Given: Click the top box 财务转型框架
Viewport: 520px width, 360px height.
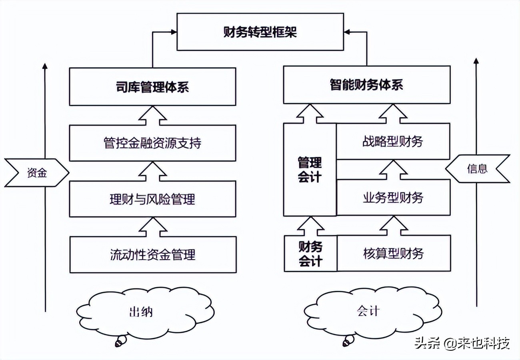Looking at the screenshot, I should coord(260,32).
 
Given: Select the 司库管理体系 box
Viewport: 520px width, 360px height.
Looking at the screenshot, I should coord(152,87).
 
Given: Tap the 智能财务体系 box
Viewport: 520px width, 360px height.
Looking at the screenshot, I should coord(366,85).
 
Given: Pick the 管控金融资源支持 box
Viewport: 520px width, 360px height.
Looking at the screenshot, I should coord(152,143).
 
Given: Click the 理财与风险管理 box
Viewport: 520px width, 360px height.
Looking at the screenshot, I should coord(152,199).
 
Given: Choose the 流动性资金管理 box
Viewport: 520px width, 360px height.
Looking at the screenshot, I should coord(152,254).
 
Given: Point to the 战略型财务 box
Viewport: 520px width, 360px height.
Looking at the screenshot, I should coord(393,142).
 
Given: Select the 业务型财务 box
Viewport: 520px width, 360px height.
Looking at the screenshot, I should coord(393,197).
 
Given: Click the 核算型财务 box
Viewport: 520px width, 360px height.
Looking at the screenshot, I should coord(393,253).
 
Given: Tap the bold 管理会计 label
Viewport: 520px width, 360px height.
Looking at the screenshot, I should coord(310,170).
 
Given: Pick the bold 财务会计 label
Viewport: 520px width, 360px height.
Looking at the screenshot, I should coord(310,254).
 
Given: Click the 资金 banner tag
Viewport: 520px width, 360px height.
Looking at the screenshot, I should coord(37,173).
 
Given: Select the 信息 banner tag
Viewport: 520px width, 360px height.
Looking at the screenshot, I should coord(478,169).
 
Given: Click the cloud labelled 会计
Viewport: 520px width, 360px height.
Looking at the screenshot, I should coord(368,311).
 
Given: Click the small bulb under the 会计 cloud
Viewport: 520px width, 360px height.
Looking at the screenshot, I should coord(348,341).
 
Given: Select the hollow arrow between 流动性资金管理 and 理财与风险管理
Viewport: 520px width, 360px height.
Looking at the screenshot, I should coord(152,227).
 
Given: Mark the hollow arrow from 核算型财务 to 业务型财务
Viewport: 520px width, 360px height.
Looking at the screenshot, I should coord(393,226).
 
